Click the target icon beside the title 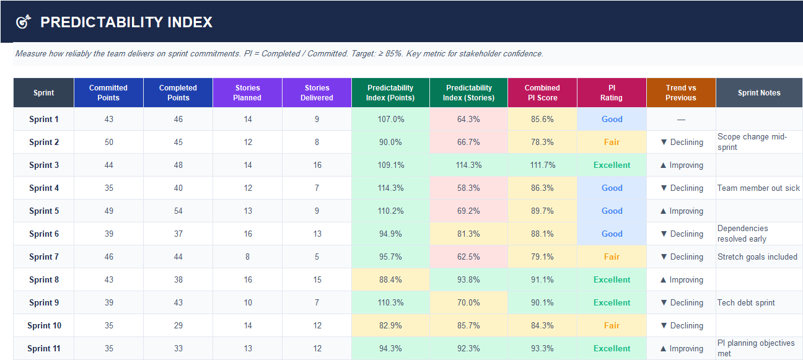pyautogui.click(x=23, y=22)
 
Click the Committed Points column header pyautogui.click(x=108, y=92)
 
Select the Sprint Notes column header pyautogui.click(x=759, y=93)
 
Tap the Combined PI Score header pyautogui.click(x=542, y=92)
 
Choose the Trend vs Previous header pyautogui.click(x=681, y=92)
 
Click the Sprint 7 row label pyautogui.click(x=44, y=257)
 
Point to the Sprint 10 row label pyautogui.click(x=44, y=325)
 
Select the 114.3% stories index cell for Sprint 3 pyautogui.click(x=468, y=165)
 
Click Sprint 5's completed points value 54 pyautogui.click(x=178, y=211)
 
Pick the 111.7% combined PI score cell pyautogui.click(x=542, y=165)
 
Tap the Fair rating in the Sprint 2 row pyautogui.click(x=612, y=142)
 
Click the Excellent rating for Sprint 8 pyautogui.click(x=612, y=279)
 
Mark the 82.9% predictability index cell pyautogui.click(x=390, y=325)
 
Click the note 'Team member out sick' pyautogui.click(x=758, y=188)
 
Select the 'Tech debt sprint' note pyautogui.click(x=746, y=302)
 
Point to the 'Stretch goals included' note pyautogui.click(x=757, y=257)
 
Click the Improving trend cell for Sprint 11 pyautogui.click(x=681, y=348)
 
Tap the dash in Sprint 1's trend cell pyautogui.click(x=681, y=119)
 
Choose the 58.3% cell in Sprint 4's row pyautogui.click(x=468, y=188)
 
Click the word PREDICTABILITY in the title pyautogui.click(x=101, y=22)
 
